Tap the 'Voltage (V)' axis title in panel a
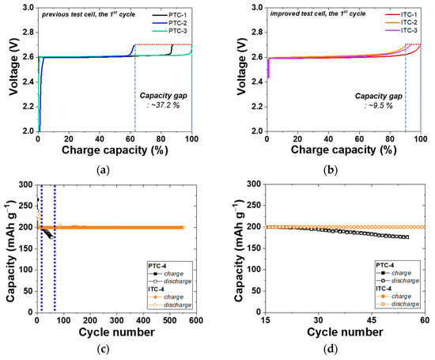(x=10, y=69)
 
